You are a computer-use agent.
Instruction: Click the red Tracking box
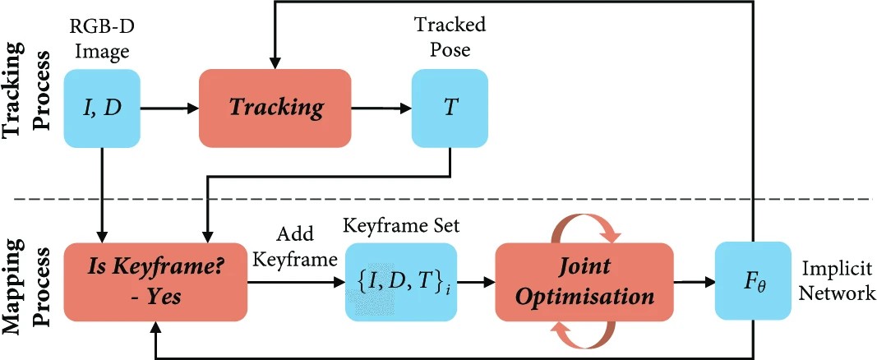pyautogui.click(x=275, y=107)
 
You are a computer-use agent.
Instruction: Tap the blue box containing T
pyautogui.click(x=450, y=107)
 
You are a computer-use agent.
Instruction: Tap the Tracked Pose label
pyautogui.click(x=450, y=37)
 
